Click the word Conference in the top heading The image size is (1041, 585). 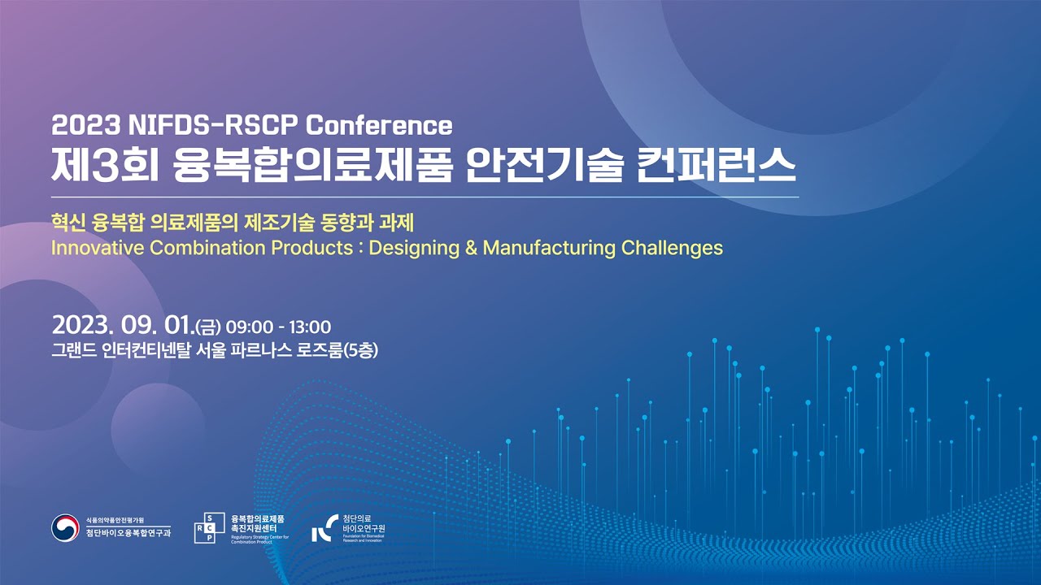(x=378, y=125)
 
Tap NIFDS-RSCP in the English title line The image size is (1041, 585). (x=214, y=125)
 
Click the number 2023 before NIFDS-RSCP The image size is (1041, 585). (x=85, y=125)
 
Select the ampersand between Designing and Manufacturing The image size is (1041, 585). (x=470, y=248)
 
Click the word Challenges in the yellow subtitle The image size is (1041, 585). (x=672, y=248)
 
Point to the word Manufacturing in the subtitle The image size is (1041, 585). (x=550, y=248)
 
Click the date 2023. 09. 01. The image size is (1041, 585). (x=122, y=327)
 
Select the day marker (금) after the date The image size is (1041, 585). (x=208, y=327)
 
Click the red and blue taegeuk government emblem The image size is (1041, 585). (x=65, y=528)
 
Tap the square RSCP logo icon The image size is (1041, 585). (x=205, y=528)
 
